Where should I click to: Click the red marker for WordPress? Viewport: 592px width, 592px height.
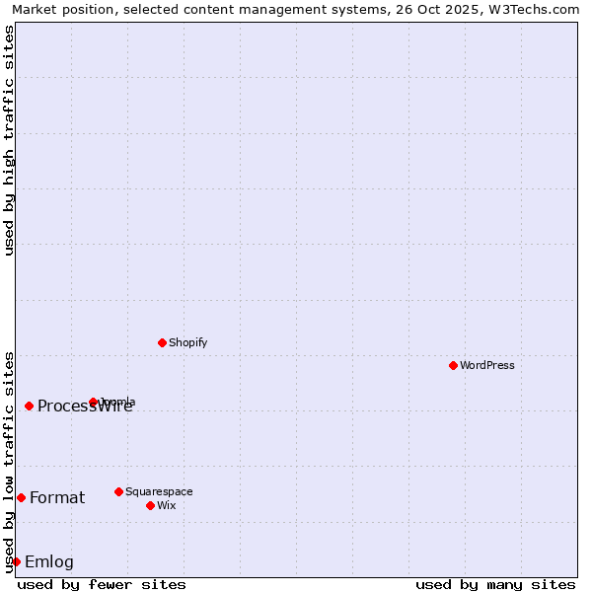click(x=453, y=365)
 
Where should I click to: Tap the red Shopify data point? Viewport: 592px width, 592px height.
click(x=162, y=342)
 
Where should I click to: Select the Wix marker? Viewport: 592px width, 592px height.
click(x=150, y=505)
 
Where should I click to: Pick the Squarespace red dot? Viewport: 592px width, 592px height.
click(x=118, y=491)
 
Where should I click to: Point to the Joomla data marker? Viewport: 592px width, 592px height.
click(x=93, y=402)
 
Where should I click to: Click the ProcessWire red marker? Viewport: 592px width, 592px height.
click(x=29, y=406)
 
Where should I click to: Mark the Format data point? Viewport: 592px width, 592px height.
click(x=21, y=497)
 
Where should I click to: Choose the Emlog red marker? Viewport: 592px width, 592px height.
click(x=16, y=561)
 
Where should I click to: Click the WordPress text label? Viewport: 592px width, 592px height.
click(x=486, y=365)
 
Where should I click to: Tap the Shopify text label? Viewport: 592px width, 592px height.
click(x=187, y=342)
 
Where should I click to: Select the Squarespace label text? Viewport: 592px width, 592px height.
click(x=159, y=491)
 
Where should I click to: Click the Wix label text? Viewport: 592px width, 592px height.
click(x=166, y=505)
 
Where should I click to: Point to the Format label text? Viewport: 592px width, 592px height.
click(x=57, y=497)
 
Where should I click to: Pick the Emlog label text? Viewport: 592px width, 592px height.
click(x=49, y=562)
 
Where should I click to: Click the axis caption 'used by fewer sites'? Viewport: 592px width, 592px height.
click(x=102, y=584)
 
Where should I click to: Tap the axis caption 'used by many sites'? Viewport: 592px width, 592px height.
click(x=495, y=584)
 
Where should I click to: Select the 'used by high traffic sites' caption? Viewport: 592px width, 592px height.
click(x=9, y=140)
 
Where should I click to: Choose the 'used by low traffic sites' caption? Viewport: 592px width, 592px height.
click(x=9, y=462)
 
